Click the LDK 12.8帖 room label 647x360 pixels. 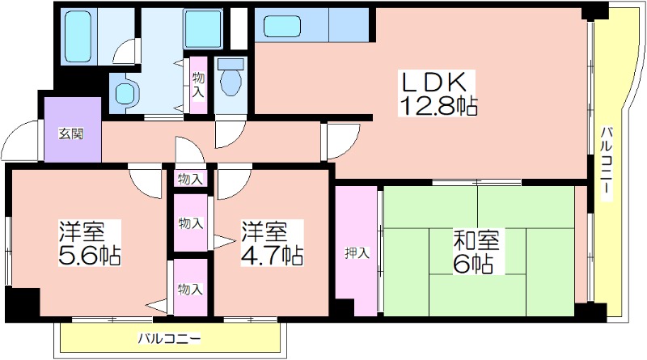(x=437, y=94)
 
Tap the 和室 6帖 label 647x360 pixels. (x=476, y=252)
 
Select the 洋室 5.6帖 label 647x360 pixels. (x=90, y=243)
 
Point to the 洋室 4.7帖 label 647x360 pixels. (x=273, y=243)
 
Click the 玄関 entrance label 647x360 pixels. (x=71, y=133)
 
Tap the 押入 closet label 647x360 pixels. (x=357, y=252)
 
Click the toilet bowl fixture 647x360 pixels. (x=230, y=82)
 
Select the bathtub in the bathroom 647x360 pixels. (x=78, y=36)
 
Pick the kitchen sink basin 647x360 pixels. (x=281, y=26)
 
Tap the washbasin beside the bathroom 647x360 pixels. (x=125, y=93)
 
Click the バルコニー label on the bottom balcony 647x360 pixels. (x=170, y=339)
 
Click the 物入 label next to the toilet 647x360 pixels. (x=198, y=85)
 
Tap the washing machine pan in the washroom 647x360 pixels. (x=203, y=29)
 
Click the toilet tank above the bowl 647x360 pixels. (x=230, y=63)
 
